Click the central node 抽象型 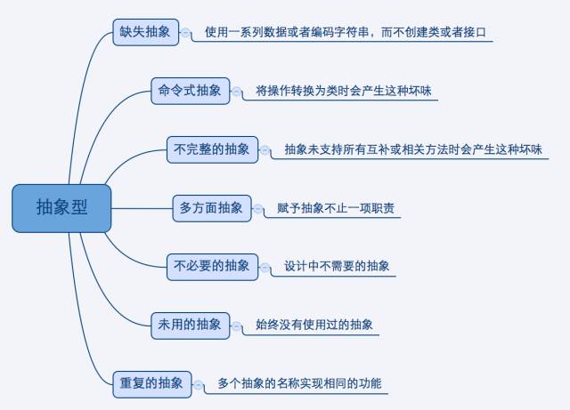[61, 208]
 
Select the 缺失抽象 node [145, 32]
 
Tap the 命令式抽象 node [190, 90]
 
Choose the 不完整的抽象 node [212, 149]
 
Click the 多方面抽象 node [211, 208]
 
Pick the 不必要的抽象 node [212, 265]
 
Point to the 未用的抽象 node [190, 324]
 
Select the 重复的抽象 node [151, 383]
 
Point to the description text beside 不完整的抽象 [412, 149]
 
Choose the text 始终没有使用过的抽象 [314, 325]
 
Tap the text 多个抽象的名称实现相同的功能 [298, 384]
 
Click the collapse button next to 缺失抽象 [186, 33]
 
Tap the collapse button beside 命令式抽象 [238, 91]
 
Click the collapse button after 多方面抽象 [258, 209]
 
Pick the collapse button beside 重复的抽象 [198, 384]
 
